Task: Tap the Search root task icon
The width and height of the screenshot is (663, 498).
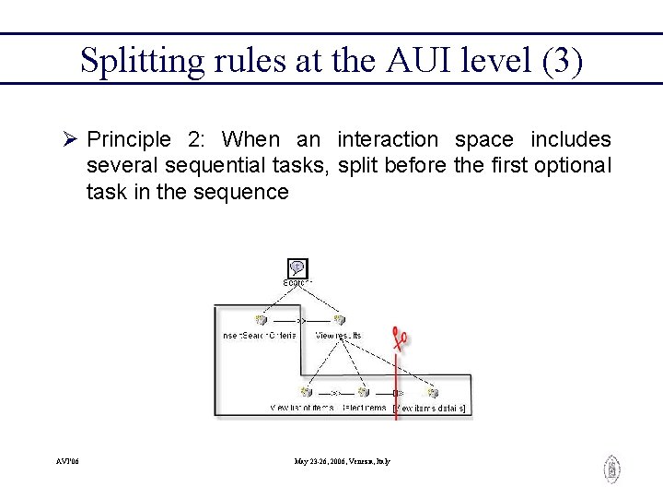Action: (x=297, y=268)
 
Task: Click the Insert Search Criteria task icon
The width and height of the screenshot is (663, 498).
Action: (x=261, y=320)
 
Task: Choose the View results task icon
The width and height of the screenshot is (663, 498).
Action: (x=339, y=320)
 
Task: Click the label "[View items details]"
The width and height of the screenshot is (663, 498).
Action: (x=429, y=408)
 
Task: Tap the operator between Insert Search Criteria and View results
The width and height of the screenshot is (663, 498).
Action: (x=299, y=320)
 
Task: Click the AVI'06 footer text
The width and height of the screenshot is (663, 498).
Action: (x=67, y=460)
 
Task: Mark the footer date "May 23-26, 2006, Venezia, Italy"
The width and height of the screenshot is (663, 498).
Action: (x=342, y=460)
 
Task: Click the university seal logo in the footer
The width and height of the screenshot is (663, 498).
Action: (x=611, y=469)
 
